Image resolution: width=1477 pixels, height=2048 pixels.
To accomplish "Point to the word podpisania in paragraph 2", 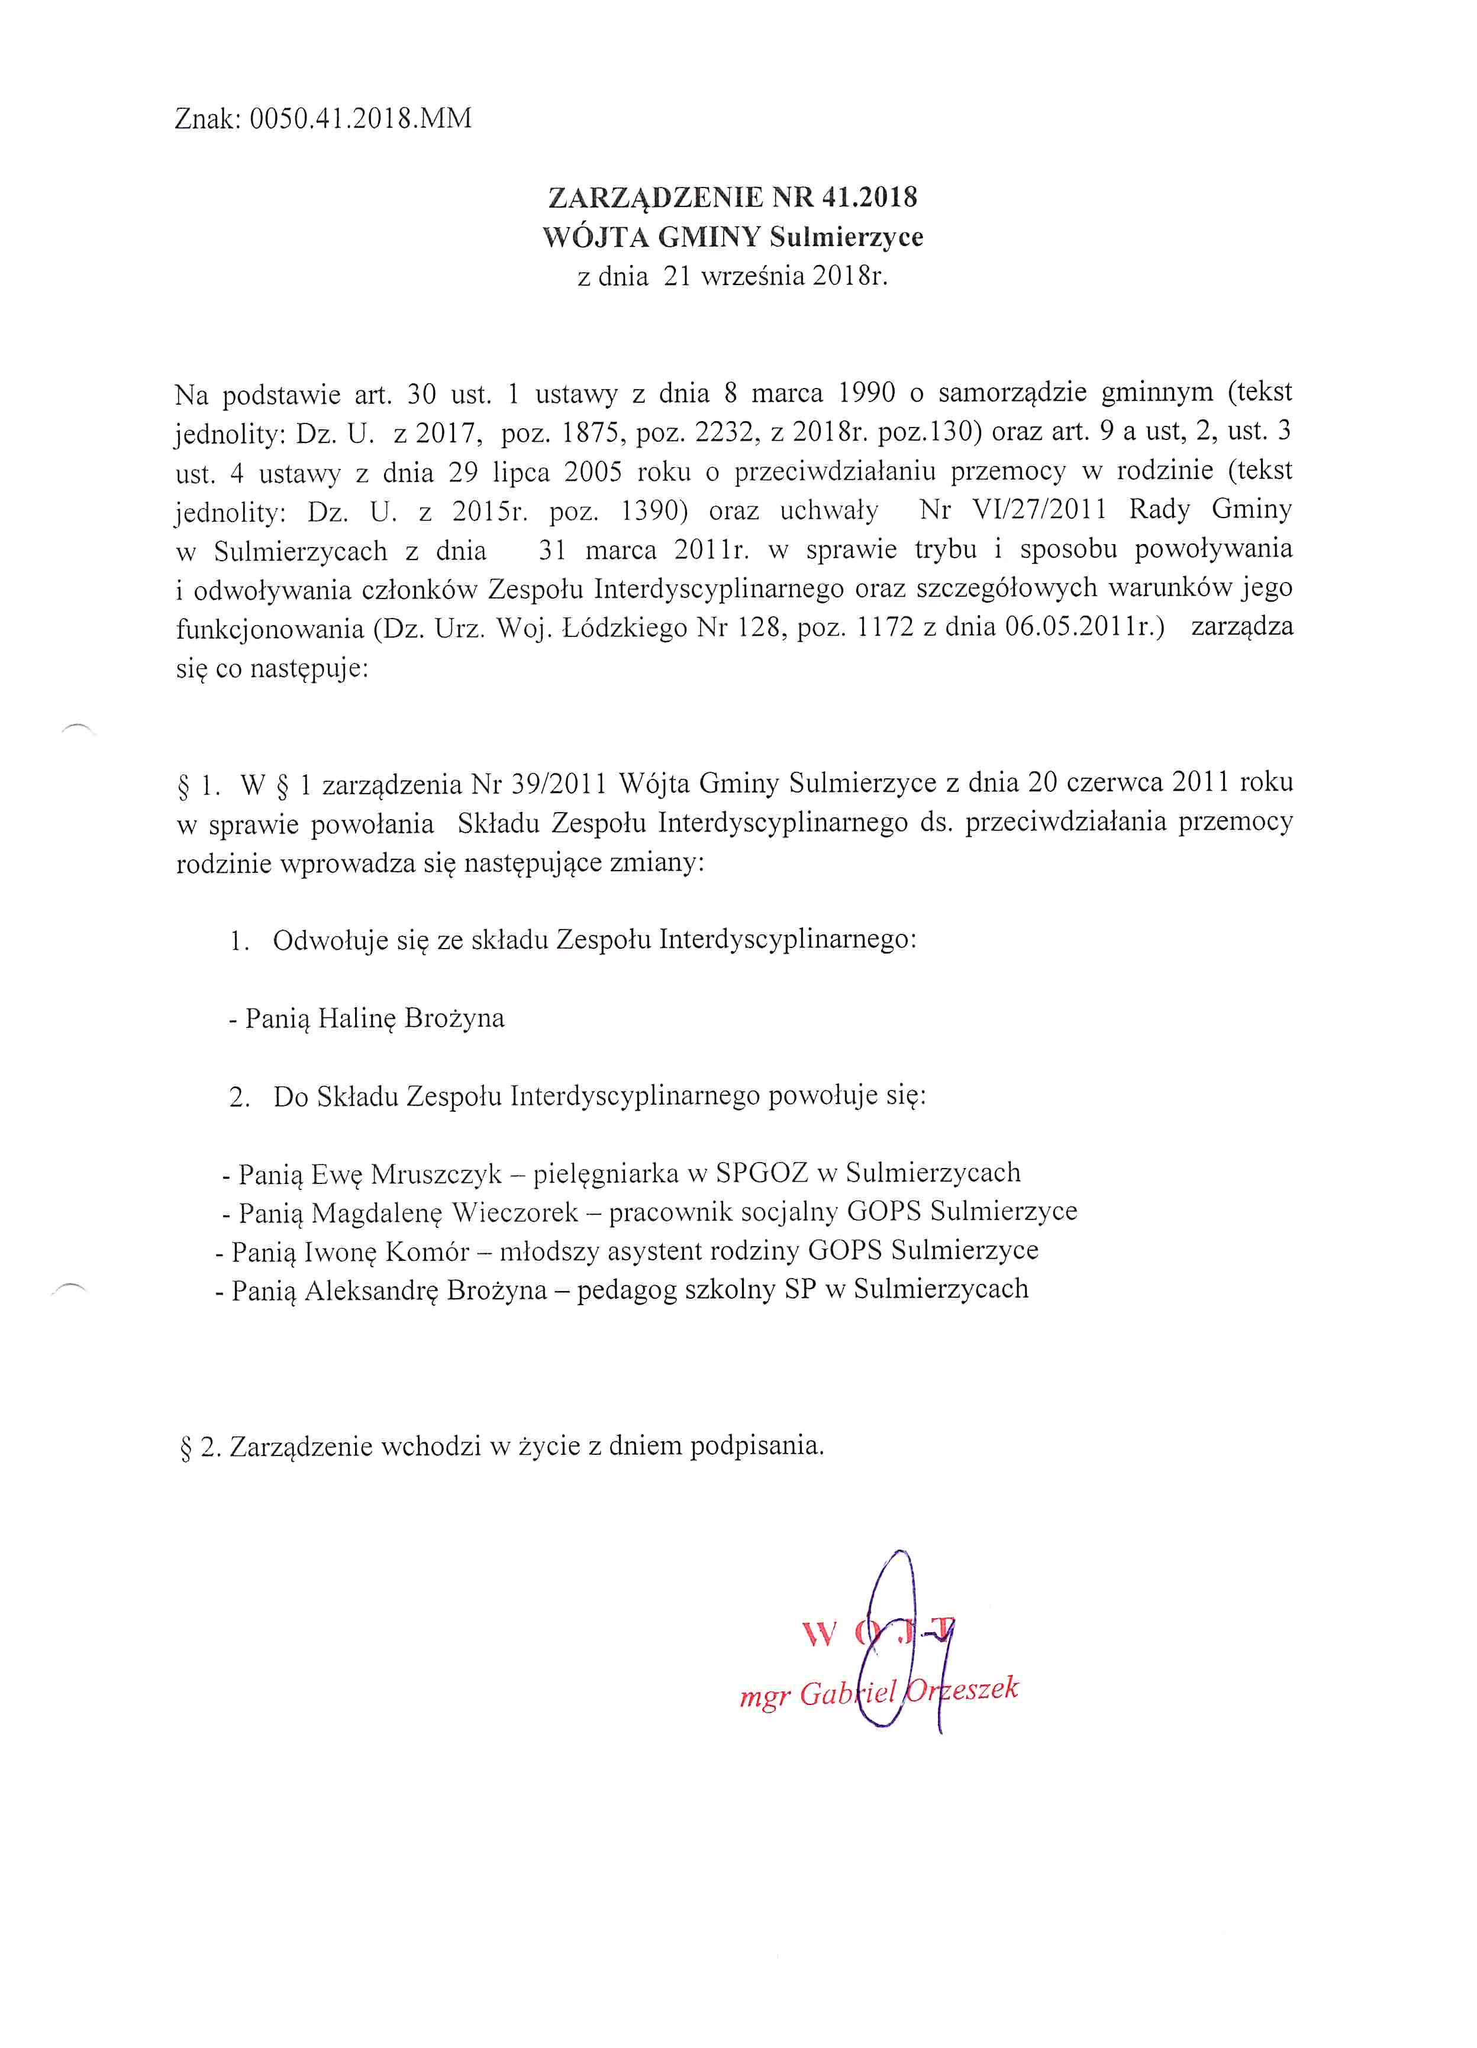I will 757,1446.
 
